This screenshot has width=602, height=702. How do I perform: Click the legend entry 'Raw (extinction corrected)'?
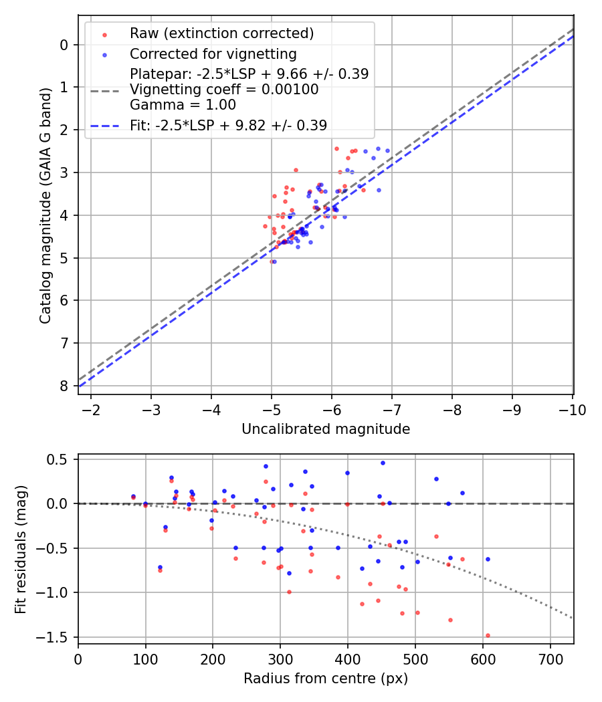(x=221, y=33)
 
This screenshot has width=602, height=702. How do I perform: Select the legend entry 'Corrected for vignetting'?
(x=213, y=53)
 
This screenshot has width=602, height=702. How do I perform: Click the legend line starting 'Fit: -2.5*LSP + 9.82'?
(x=228, y=125)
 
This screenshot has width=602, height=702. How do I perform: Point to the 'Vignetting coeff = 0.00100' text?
(x=224, y=90)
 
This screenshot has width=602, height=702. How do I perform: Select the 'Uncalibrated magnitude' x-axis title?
(x=325, y=429)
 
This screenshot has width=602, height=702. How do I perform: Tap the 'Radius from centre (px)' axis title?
(x=325, y=679)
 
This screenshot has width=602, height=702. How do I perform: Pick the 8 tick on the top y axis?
(x=64, y=386)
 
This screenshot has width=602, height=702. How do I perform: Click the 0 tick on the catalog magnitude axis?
(x=64, y=45)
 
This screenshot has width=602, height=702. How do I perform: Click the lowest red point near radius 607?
(x=488, y=635)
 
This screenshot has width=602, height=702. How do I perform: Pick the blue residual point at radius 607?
(x=488, y=559)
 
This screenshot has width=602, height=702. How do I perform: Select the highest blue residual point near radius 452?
(x=383, y=463)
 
